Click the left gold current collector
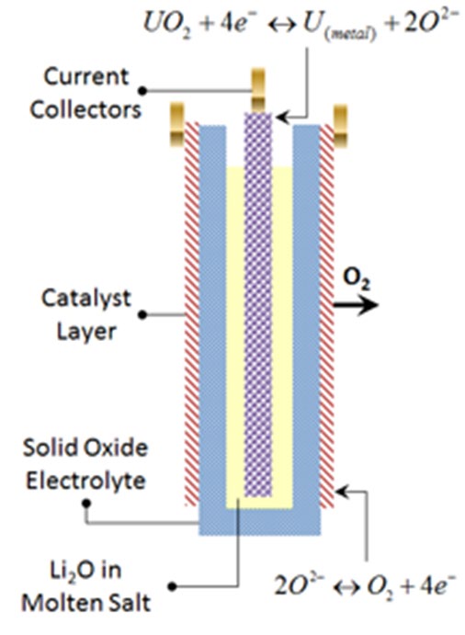[x=177, y=124]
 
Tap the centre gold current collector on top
[x=258, y=90]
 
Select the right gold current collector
[x=340, y=126]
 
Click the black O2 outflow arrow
[x=356, y=305]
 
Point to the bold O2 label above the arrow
[x=357, y=279]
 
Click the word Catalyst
[x=86, y=300]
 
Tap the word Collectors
[x=85, y=109]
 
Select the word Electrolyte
[x=85, y=481]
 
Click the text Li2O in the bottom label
[x=85, y=571]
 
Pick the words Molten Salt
[x=85, y=603]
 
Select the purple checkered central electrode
[x=258, y=304]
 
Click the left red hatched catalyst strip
[x=192, y=314]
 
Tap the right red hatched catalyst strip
[x=327, y=316]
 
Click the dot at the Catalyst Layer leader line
[x=142, y=314]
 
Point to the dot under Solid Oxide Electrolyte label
[x=85, y=504]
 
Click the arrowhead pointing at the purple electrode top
[x=281, y=118]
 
